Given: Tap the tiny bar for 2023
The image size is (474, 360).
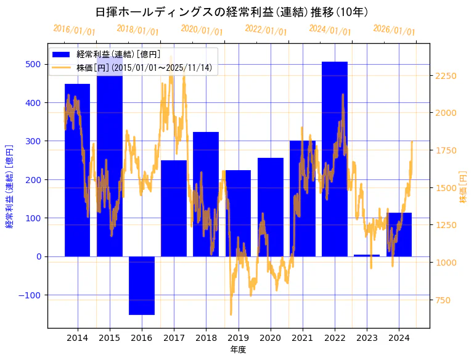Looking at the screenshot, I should [x=367, y=255].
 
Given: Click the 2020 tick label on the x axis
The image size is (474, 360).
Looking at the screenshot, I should [x=270, y=338].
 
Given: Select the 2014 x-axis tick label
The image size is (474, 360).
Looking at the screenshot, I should [x=78, y=338].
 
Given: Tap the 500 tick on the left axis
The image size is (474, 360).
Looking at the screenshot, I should [x=33, y=64].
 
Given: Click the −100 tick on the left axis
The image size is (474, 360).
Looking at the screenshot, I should [x=30, y=295].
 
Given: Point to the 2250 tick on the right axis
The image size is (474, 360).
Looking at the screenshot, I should [x=446, y=76].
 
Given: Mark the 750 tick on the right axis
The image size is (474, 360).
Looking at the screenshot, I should [x=443, y=300].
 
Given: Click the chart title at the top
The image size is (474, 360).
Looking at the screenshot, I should [x=232, y=11].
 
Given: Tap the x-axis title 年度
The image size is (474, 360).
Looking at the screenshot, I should [x=237, y=350].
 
